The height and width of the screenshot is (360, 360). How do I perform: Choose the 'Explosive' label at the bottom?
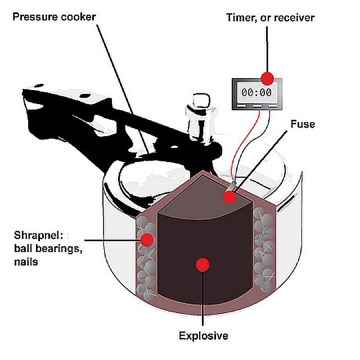203,336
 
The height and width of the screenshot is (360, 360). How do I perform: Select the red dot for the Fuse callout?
229,197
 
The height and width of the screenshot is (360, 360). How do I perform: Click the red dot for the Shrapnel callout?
147,241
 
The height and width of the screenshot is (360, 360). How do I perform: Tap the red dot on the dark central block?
203,263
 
